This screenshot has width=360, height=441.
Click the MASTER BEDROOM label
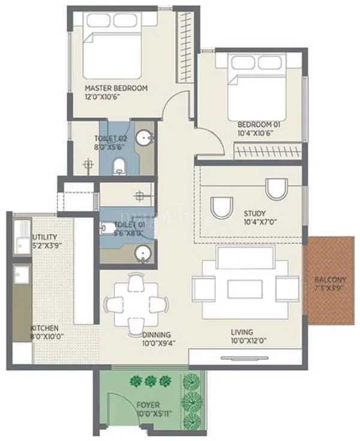pos(116,88)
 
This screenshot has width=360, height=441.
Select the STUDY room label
pos(255,213)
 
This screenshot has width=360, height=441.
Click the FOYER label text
pos(148,405)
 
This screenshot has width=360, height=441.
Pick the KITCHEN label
pos(45,328)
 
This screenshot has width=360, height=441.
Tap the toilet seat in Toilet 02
pos(119,165)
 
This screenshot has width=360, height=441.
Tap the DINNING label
pos(156,335)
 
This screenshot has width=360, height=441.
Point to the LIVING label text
pos(242,332)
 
